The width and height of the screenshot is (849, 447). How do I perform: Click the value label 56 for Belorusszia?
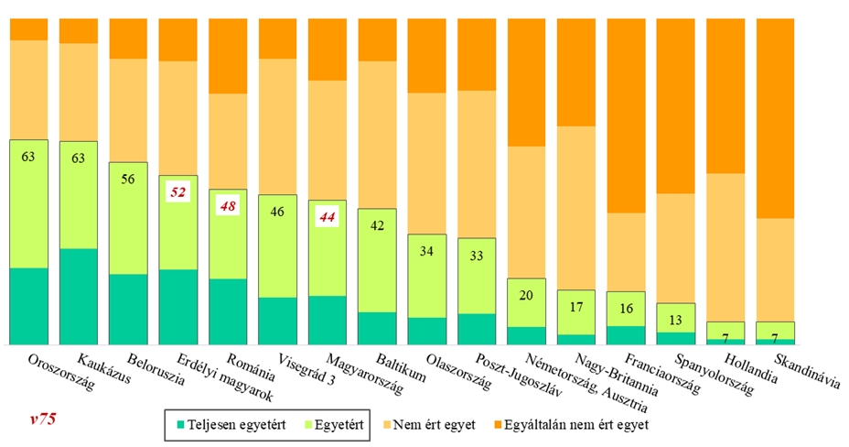pos(128,180)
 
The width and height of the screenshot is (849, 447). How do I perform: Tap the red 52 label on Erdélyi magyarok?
pos(178,192)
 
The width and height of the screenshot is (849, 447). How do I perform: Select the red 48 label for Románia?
pos(228,206)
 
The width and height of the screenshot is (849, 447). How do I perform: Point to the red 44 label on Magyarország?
pos(327,217)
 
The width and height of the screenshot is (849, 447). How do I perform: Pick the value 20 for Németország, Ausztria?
pos(525,295)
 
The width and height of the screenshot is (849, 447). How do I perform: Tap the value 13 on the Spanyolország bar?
pos(674,320)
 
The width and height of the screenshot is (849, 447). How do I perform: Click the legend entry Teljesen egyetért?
pos(236,425)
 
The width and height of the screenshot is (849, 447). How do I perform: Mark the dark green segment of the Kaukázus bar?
pos(79,296)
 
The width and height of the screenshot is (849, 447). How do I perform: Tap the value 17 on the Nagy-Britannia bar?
pos(575,307)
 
